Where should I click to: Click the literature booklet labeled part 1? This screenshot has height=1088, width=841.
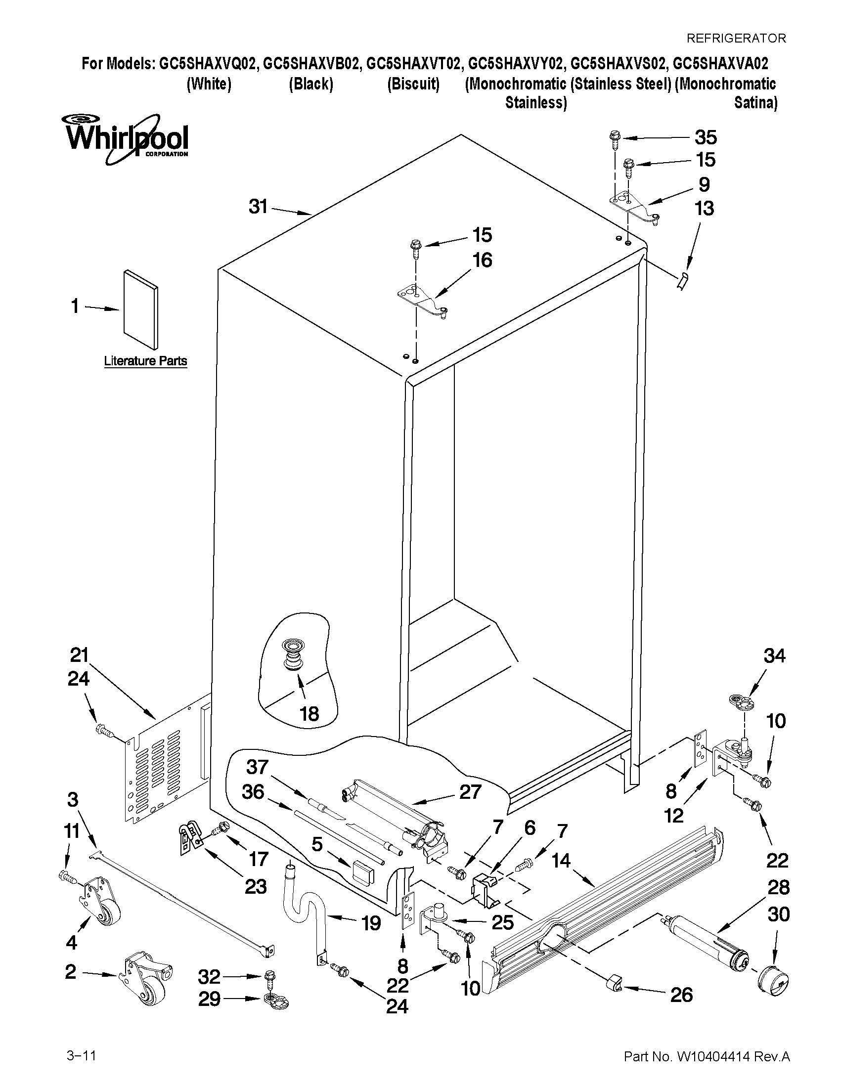tap(141, 309)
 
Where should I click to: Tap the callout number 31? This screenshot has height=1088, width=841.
tap(258, 206)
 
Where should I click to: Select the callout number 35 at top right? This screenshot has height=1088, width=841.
tap(706, 137)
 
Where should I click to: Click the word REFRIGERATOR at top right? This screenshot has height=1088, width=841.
tap(736, 38)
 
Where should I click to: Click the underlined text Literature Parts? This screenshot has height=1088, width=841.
tap(145, 361)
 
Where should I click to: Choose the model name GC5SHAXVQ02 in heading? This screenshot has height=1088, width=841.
tap(208, 64)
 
